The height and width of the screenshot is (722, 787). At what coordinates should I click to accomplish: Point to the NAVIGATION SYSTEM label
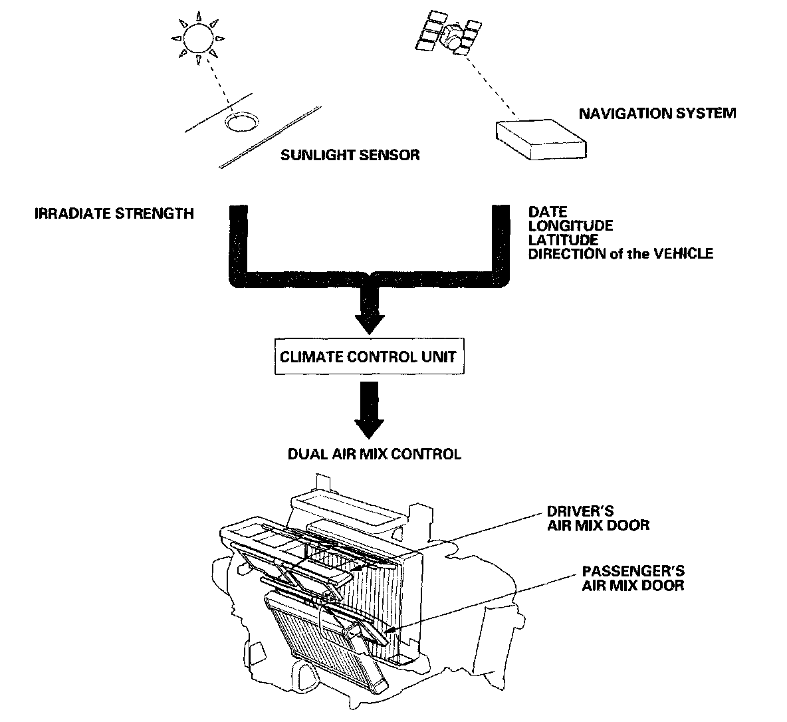[657, 113]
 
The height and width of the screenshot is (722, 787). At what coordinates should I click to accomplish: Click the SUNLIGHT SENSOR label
[350, 156]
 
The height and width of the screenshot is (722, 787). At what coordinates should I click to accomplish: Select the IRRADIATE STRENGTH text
[114, 213]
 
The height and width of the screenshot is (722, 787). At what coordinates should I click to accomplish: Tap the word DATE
[548, 213]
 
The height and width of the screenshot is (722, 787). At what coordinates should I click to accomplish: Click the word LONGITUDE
[570, 226]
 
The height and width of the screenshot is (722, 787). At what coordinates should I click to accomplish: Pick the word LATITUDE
[563, 239]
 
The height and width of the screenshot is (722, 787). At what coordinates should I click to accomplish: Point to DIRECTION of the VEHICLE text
[620, 253]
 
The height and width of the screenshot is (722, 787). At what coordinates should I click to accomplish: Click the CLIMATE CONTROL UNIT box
[368, 356]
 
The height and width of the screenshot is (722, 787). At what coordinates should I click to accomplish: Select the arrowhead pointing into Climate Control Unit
[369, 321]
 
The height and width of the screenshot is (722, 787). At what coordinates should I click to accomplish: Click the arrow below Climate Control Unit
[369, 413]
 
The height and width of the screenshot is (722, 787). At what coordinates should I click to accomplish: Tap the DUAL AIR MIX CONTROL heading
[374, 455]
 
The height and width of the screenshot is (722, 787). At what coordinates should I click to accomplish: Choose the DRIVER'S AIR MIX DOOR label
[598, 519]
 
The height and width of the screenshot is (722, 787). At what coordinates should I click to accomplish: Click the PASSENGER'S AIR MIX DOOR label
[633, 578]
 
